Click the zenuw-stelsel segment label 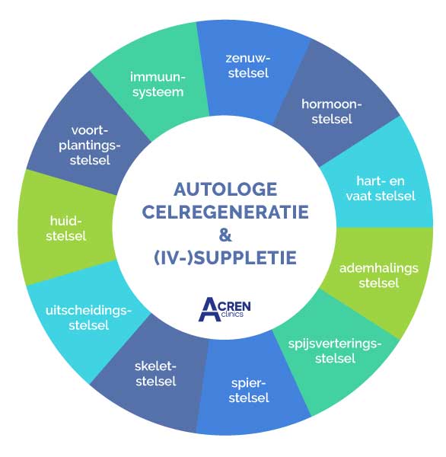pos(248,66)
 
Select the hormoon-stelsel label pos(332,112)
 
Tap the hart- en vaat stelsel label pos(381,189)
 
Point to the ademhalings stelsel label pos(379,276)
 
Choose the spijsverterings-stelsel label pos(335,351)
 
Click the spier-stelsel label pos(248,390)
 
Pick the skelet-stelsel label pos(155,374)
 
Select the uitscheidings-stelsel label pos(88,318)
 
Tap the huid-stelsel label pos(66,228)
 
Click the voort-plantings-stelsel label pos(90,145)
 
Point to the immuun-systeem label pos(158,85)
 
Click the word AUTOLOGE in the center pos(225,190)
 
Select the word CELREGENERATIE pos(225,212)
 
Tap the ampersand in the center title pos(225,235)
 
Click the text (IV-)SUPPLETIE pos(225,257)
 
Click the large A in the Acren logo pos(209,309)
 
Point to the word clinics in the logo pos(232,314)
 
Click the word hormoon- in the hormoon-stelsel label pos(332,104)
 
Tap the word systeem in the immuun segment pos(158,92)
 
